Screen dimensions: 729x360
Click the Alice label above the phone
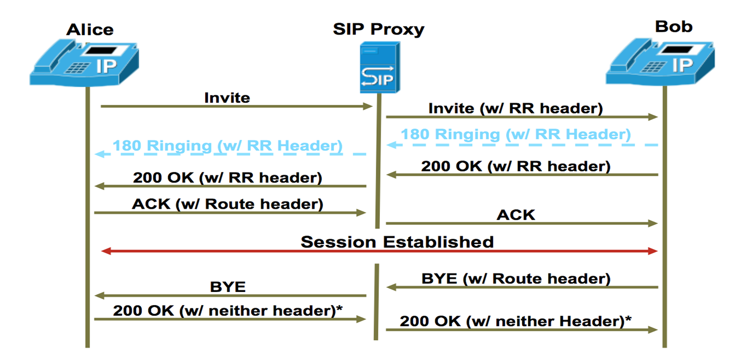[x=90, y=30]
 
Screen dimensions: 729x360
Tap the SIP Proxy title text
[x=378, y=29]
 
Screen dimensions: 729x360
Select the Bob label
[x=674, y=26]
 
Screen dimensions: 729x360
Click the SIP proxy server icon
[x=380, y=68]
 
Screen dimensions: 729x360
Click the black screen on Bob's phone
[x=678, y=49]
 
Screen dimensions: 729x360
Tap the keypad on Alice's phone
[x=77, y=68]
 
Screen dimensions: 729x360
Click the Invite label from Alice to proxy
[x=227, y=97]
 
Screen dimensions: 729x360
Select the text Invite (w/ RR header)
[x=516, y=108]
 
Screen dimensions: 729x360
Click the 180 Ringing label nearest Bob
[x=516, y=134]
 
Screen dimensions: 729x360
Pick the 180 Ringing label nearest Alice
[x=228, y=145]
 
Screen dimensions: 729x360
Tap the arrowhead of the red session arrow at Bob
[x=653, y=251]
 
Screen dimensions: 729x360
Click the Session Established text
[x=397, y=242]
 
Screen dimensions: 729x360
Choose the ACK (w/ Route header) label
[x=228, y=204]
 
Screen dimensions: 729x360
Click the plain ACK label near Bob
[x=516, y=215]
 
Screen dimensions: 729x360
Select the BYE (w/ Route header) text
[x=516, y=279]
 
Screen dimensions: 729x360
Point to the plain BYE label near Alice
[x=228, y=287]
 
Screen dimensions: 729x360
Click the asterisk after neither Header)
[x=628, y=318]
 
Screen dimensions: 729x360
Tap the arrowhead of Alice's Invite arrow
[x=368, y=106]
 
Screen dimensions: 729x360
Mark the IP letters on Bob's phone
[x=683, y=65]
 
